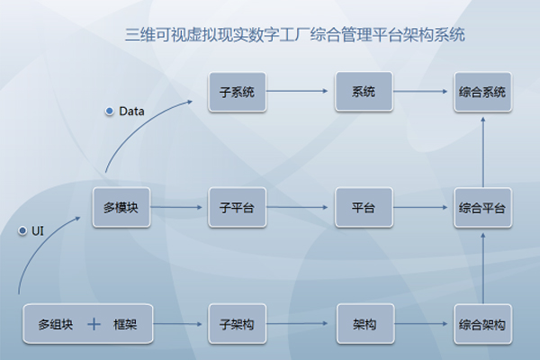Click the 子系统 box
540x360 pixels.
point(238,92)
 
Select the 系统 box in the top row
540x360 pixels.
point(364,92)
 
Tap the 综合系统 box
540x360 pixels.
point(482,92)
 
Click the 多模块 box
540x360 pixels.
point(121,208)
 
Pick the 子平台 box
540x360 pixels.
point(238,208)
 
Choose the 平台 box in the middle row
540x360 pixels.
point(364,208)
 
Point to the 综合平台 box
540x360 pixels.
point(482,208)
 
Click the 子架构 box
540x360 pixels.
point(238,324)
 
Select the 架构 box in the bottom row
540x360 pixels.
point(364,324)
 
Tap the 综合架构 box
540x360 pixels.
point(482,324)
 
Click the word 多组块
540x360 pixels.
point(55,324)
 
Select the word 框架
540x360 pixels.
point(124,324)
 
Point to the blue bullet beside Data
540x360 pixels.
point(109,112)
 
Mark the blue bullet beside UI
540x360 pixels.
point(22,231)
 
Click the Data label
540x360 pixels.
point(131,112)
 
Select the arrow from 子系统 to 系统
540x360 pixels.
point(301,92)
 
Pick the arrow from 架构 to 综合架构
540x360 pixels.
point(423,324)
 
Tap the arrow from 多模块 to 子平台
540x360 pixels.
point(179,208)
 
